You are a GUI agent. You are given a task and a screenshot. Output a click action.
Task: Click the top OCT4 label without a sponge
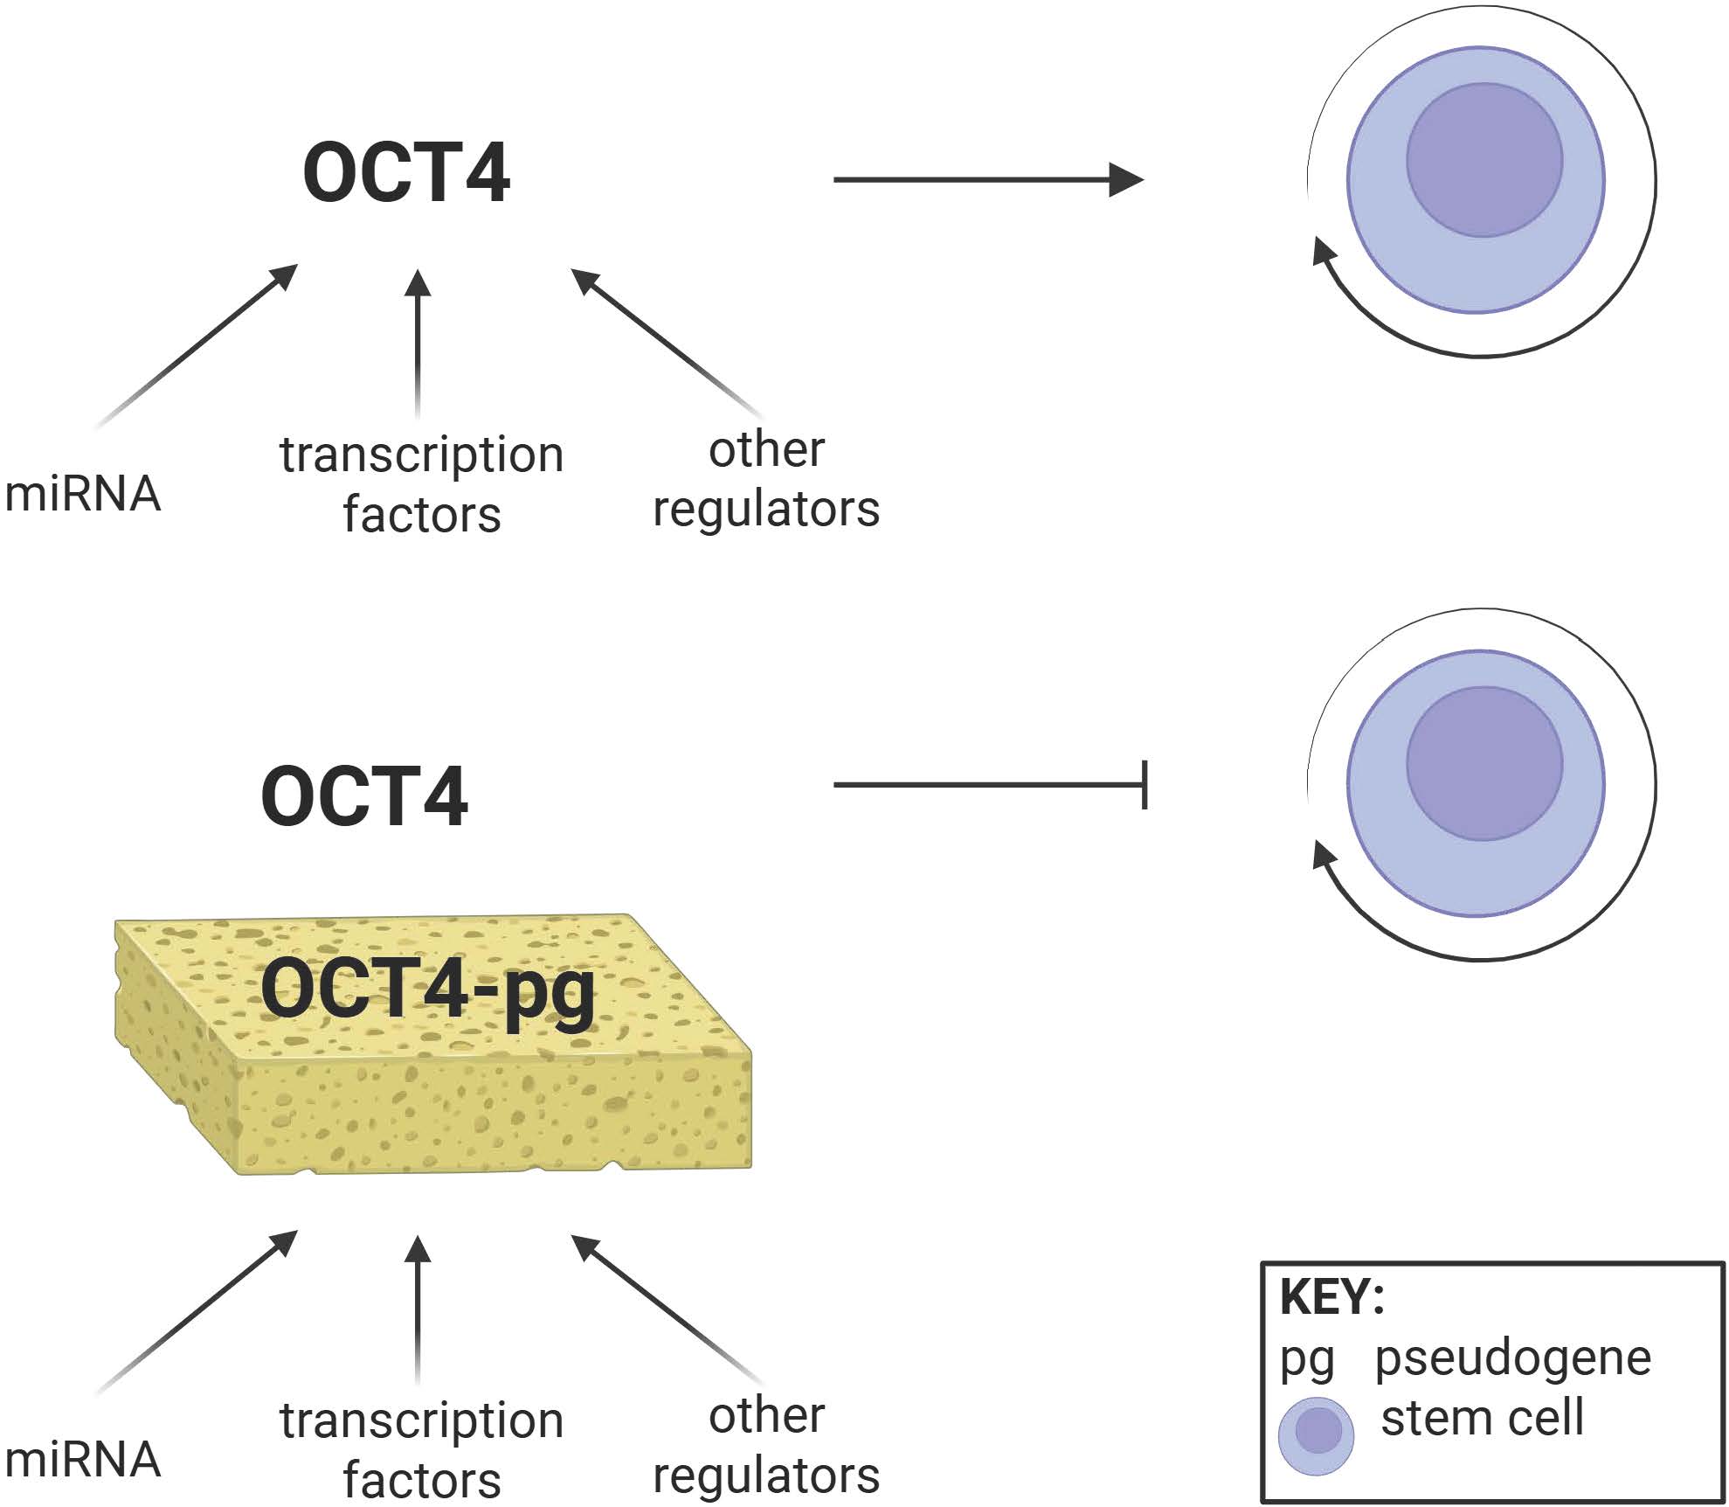[406, 173]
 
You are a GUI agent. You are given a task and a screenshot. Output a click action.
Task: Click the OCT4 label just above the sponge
[364, 795]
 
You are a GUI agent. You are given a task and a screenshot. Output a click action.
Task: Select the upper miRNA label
[82, 494]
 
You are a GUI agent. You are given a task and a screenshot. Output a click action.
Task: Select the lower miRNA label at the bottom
[82, 1459]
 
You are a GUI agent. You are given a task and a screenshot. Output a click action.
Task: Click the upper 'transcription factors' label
[421, 483]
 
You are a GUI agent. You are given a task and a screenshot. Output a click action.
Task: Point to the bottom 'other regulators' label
[766, 1445]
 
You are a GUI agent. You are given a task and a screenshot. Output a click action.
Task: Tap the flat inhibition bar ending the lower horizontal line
[1145, 785]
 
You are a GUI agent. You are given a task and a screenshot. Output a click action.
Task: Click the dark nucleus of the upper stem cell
[1483, 160]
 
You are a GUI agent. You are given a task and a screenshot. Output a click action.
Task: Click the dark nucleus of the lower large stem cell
[1483, 763]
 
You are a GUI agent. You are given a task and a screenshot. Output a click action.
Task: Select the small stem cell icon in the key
[1316, 1435]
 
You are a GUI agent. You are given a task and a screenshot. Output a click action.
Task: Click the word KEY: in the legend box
[1331, 1297]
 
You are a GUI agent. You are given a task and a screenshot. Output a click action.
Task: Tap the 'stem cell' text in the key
[1482, 1418]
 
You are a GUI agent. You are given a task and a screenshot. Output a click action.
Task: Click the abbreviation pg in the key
[1306, 1362]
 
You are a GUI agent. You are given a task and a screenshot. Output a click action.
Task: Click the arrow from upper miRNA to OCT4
[197, 346]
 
